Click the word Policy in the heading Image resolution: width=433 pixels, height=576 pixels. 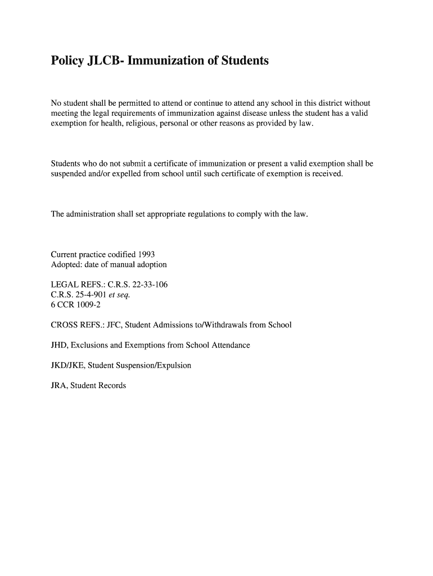[x=67, y=60]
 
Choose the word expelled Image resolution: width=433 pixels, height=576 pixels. [x=130, y=174]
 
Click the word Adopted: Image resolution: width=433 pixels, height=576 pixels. [x=66, y=264]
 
